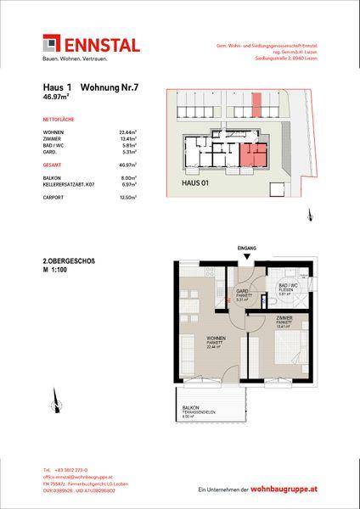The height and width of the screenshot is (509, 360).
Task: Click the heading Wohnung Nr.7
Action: pos(106,87)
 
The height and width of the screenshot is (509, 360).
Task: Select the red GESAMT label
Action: pos(53,161)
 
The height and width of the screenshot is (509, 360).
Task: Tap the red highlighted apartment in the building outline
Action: pos(252,154)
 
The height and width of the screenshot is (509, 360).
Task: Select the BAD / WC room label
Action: pos(286,285)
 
